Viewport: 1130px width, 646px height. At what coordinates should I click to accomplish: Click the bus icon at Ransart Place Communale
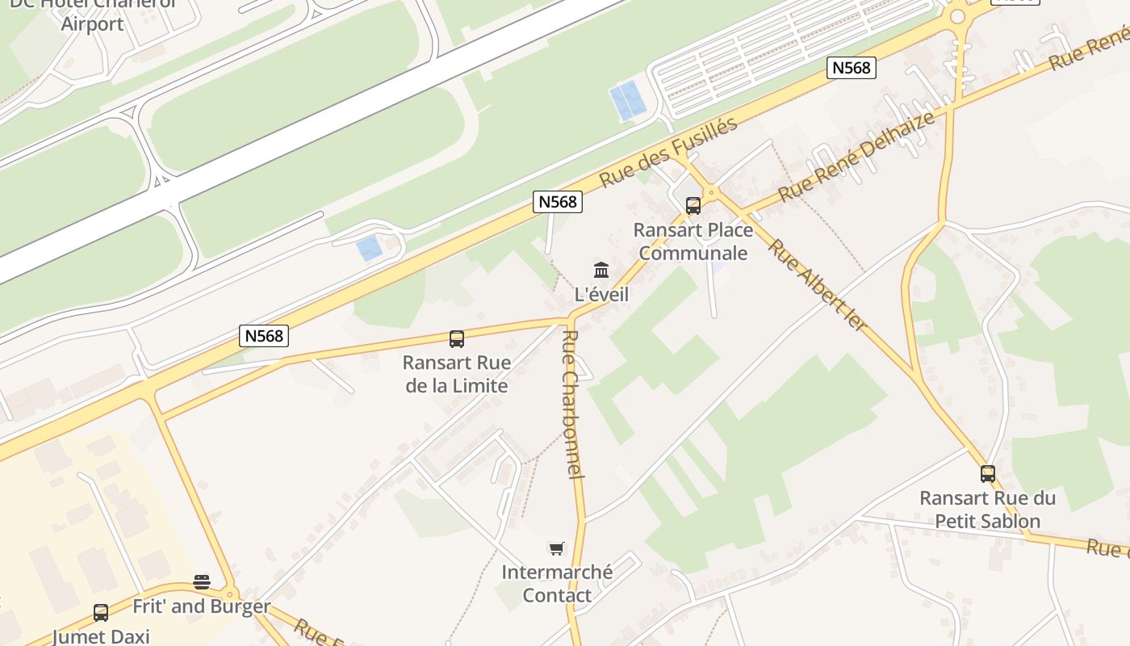tap(693, 205)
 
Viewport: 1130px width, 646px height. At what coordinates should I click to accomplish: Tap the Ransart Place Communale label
tap(693, 241)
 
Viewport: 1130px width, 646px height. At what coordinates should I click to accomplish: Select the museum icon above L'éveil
tap(601, 270)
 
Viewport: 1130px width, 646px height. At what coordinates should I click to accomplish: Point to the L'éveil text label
tap(601, 295)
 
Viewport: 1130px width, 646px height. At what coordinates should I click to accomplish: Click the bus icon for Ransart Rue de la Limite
tap(457, 339)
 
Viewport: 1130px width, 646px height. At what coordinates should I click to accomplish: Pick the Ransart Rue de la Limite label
tap(457, 374)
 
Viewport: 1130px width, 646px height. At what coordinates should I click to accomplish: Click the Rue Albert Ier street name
tap(817, 284)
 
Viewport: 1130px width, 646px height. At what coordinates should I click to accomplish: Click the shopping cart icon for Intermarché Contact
tap(556, 549)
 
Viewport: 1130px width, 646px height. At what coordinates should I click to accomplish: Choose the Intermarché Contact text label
tap(557, 584)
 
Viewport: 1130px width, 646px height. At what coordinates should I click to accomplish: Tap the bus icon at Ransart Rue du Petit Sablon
tap(987, 474)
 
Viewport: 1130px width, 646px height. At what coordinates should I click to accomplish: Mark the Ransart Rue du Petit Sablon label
tap(987, 510)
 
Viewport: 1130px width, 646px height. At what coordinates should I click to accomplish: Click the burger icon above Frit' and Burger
tap(202, 582)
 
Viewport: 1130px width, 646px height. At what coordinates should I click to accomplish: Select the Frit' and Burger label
tap(202, 606)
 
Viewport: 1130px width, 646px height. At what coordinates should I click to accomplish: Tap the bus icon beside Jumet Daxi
tap(101, 613)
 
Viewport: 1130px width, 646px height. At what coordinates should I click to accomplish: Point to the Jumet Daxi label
tap(101, 636)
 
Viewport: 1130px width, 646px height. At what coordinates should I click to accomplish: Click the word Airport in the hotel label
tap(93, 23)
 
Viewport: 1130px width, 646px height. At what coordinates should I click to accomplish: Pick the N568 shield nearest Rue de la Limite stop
tap(264, 335)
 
